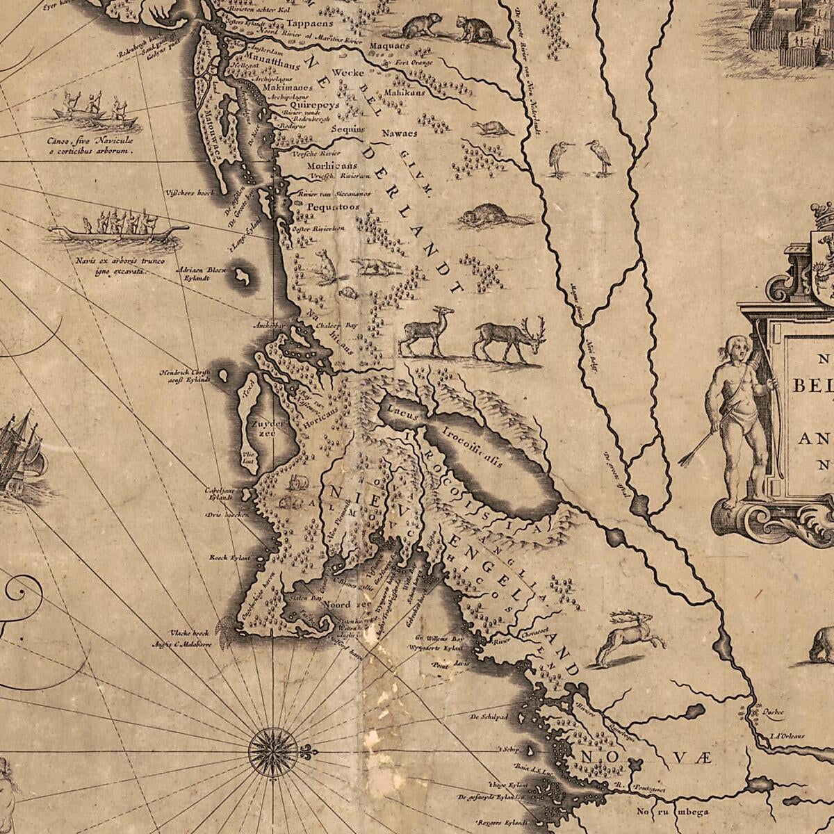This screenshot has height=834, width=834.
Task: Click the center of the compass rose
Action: coord(272,751)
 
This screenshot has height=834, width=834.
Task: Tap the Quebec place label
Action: coord(769,711)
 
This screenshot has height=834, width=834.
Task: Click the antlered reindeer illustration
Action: coord(511,339)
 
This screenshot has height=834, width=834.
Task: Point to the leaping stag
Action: coord(624,636)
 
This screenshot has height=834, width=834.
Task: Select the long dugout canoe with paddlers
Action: coord(118,228)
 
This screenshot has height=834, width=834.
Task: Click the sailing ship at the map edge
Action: coord(19,452)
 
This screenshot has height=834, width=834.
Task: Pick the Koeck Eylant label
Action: coord(229,557)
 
